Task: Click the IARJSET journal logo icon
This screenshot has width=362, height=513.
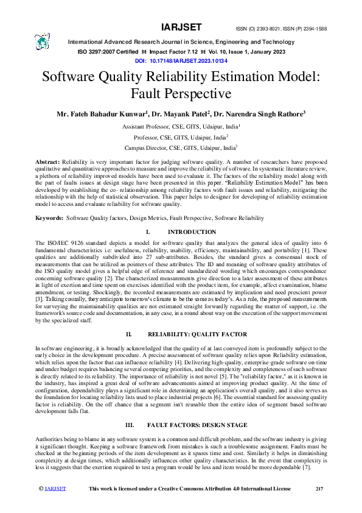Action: click(41, 40)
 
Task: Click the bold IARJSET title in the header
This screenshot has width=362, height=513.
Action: click(181, 27)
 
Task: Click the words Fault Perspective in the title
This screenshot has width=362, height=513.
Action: click(181, 94)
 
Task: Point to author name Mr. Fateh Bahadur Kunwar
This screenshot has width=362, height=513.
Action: click(102, 113)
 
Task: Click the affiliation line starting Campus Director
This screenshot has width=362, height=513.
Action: click(181, 147)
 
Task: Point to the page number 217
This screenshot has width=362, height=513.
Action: click(319, 489)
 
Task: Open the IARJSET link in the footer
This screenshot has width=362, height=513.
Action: click(55, 489)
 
